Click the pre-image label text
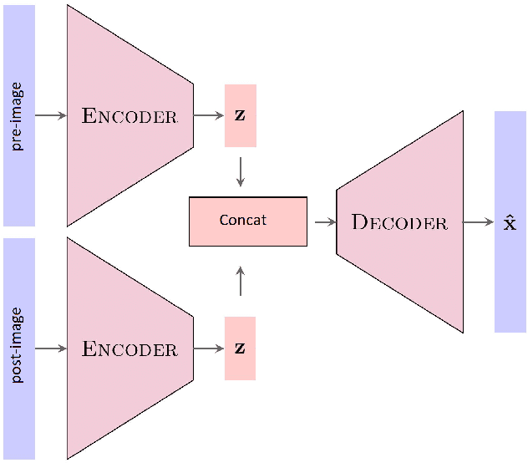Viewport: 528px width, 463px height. [18, 115]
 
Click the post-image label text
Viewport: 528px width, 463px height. [18, 346]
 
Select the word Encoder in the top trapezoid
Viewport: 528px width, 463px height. [129, 116]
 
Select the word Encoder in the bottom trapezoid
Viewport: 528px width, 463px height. [129, 349]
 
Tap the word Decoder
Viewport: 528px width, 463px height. [399, 222]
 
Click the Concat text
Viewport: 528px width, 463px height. [242, 220]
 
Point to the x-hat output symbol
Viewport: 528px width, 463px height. [510, 222]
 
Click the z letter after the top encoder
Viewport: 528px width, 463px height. [240, 114]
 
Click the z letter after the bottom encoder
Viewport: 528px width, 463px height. [240, 347]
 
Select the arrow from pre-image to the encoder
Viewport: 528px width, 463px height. [50, 115]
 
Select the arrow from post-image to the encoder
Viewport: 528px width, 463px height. [50, 349]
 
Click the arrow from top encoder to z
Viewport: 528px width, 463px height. [208, 115]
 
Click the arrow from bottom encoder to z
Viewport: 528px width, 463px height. [208, 349]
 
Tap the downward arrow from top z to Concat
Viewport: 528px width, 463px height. [241, 171]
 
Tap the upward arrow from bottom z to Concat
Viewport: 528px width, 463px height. [241, 282]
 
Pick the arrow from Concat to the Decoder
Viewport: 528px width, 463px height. [324, 222]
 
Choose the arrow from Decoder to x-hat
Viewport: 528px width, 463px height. [478, 222]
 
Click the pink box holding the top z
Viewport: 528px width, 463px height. [240, 134]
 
